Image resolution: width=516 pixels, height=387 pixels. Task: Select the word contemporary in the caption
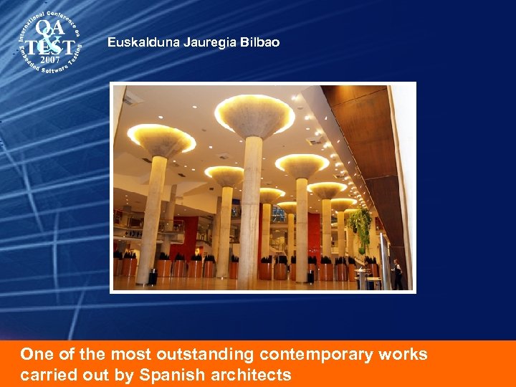317,354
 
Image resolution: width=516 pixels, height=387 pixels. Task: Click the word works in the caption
403,354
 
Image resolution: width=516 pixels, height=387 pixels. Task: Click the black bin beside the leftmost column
153,276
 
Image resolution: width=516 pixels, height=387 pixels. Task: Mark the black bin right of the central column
310,275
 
